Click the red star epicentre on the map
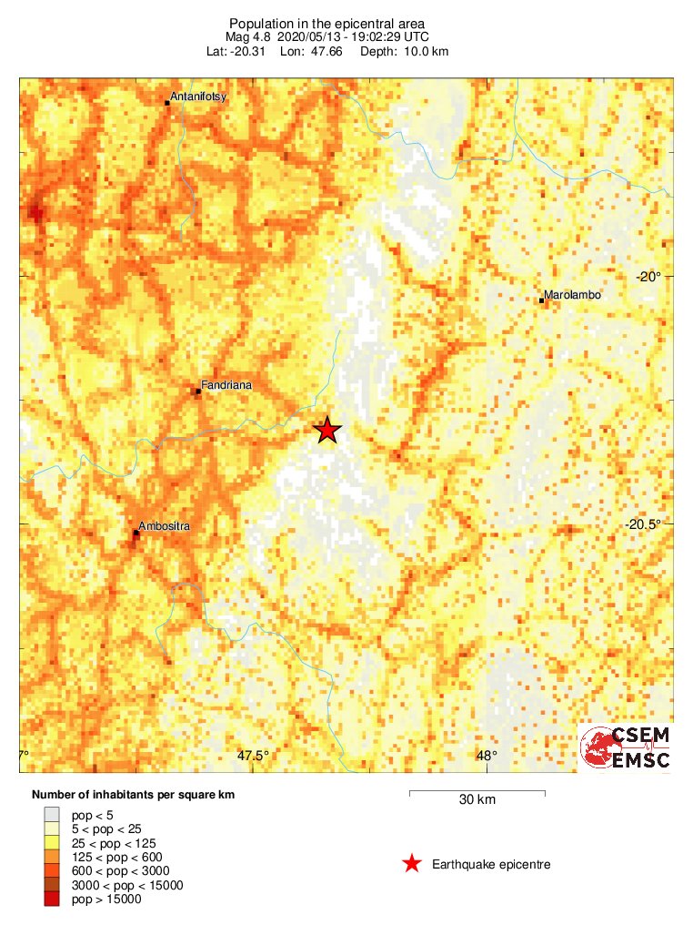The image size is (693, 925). click(x=327, y=431)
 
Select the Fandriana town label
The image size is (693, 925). click(x=227, y=385)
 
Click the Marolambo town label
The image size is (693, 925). click(x=572, y=295)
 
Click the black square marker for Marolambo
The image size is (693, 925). click(x=542, y=300)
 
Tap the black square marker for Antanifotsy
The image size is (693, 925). click(x=167, y=103)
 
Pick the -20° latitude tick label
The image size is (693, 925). click(x=649, y=277)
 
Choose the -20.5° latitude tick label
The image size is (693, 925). click(x=645, y=523)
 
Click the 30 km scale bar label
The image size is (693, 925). click(x=477, y=800)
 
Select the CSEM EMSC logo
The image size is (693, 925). click(x=626, y=747)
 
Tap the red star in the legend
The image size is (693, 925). click(x=412, y=864)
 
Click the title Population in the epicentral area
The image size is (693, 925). click(x=326, y=23)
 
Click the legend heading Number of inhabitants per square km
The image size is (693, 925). click(x=134, y=795)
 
